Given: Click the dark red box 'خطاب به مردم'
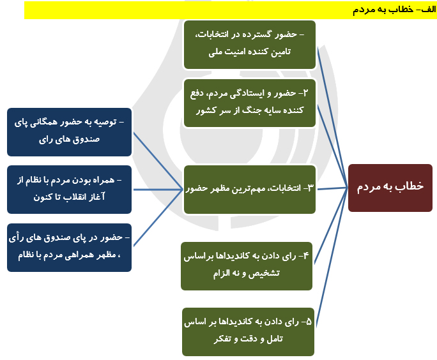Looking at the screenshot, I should [390, 187].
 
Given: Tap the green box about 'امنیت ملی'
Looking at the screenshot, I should [249, 44].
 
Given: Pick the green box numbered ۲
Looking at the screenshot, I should [249, 102].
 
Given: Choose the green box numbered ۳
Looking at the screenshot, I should [249, 189].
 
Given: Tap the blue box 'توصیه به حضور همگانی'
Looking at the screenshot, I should [69, 132].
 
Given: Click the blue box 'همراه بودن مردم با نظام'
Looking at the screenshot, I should [69, 189].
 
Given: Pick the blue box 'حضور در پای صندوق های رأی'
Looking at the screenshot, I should [69, 247].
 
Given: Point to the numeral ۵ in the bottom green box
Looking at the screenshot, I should [309, 323].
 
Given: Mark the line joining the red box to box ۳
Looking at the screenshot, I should [332, 188].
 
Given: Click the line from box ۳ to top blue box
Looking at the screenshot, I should [157, 156].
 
